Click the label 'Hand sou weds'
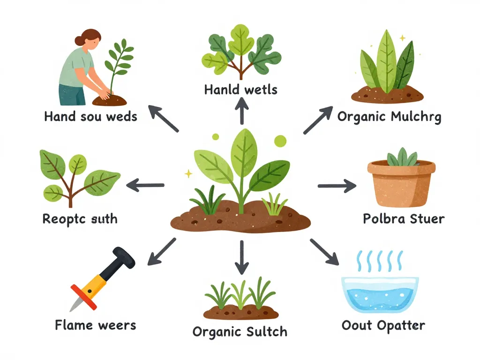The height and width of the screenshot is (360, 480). click(90, 117)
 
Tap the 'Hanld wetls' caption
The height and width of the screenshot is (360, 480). click(241, 90)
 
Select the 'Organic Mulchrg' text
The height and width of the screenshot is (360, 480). click(390, 117)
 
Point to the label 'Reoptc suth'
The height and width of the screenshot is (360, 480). click(80, 219)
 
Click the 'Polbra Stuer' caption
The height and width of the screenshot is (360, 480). click(404, 219)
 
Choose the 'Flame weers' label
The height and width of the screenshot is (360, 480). click(96, 325)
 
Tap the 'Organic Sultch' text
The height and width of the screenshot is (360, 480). click(240, 332)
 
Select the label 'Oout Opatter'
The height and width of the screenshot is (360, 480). click(383, 325)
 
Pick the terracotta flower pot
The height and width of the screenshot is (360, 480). click(401, 183)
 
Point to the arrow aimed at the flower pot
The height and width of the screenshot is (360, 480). click(337, 186)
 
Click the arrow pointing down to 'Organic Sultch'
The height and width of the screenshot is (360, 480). click(242, 257)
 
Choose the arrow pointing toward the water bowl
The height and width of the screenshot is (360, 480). click(324, 252)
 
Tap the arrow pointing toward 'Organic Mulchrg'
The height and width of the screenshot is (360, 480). click(318, 120)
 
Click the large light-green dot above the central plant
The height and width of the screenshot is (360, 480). click(280, 141)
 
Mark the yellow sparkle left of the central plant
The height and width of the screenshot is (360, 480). click(188, 174)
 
